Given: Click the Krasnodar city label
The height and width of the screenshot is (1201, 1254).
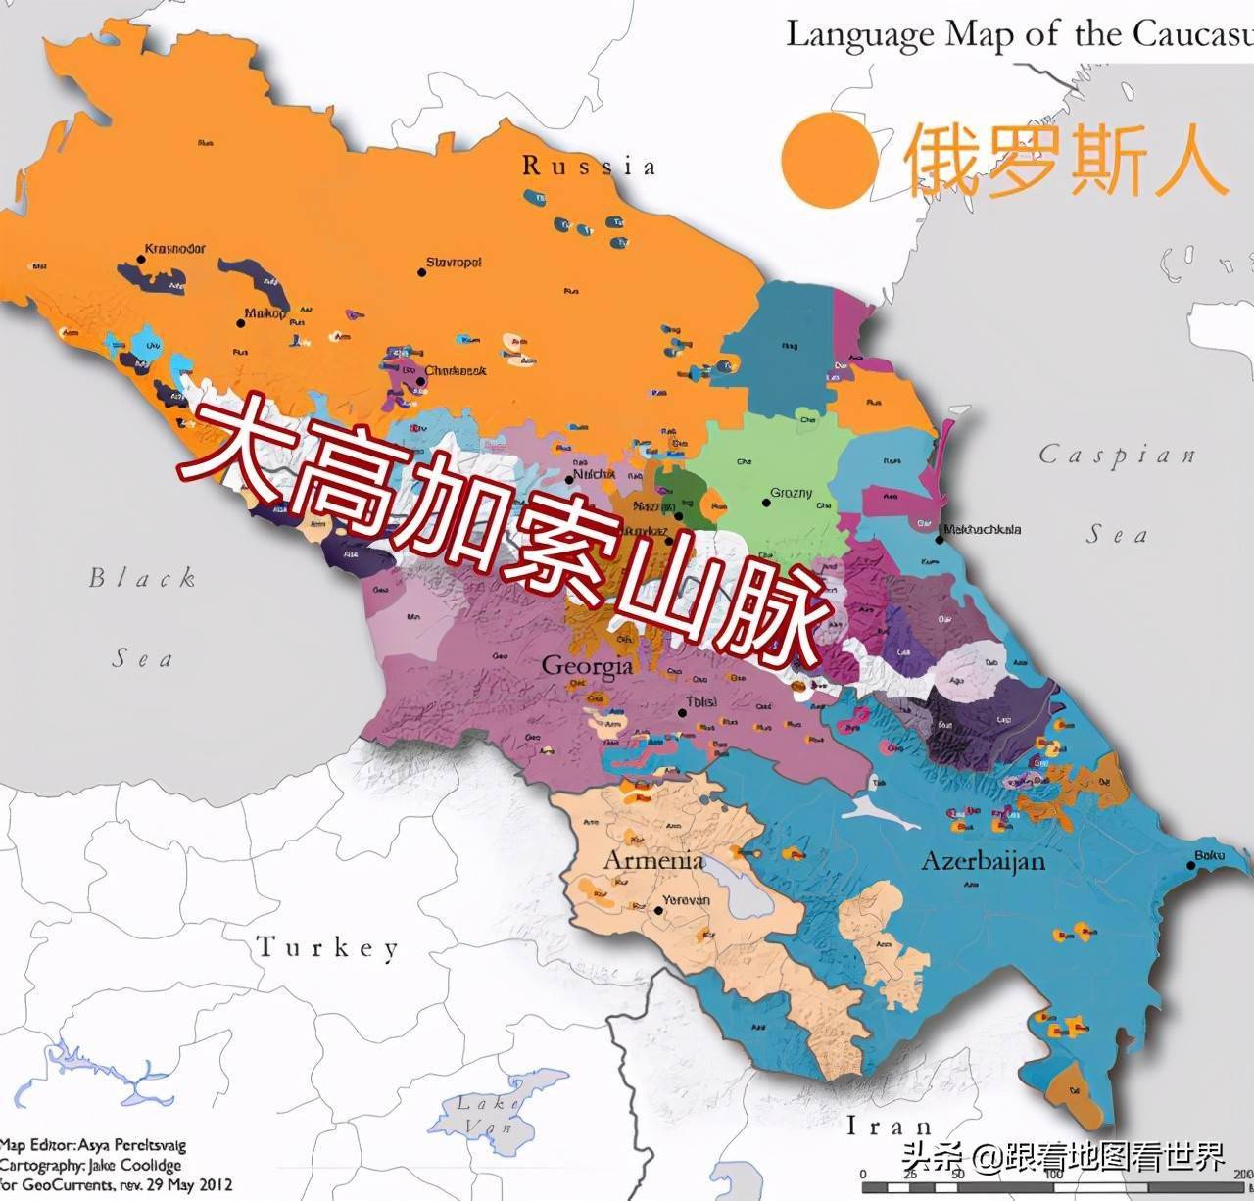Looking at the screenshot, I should point(174,249).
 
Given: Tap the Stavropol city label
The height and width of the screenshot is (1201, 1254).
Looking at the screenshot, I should point(454,264).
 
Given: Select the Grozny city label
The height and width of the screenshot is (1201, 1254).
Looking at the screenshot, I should point(791,493).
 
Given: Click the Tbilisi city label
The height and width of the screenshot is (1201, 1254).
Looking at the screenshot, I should point(701,702).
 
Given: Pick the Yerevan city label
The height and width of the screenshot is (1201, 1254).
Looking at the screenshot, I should point(687,899).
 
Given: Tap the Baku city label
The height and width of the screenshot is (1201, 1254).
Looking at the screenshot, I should point(1209,856).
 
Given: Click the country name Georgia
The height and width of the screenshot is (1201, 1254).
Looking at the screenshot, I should point(587,667).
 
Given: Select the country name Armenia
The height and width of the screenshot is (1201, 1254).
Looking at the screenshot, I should point(652,860).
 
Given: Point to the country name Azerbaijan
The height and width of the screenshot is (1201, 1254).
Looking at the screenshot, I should point(983,861).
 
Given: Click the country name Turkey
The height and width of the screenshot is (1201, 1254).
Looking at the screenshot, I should point(328,947).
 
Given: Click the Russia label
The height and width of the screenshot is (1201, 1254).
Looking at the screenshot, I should point(589,166).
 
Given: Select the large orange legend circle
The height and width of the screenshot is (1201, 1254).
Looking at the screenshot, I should point(829,160).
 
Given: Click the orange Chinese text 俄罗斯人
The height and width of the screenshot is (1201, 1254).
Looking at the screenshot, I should point(1065,160).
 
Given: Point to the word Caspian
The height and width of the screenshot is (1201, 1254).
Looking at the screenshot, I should point(1117,455).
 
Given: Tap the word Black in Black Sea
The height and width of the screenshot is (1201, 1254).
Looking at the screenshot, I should point(143,578).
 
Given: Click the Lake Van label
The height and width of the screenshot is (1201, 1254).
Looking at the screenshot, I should point(487,1115).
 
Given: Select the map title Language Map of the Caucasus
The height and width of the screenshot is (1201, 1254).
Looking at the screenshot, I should point(1019,34).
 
